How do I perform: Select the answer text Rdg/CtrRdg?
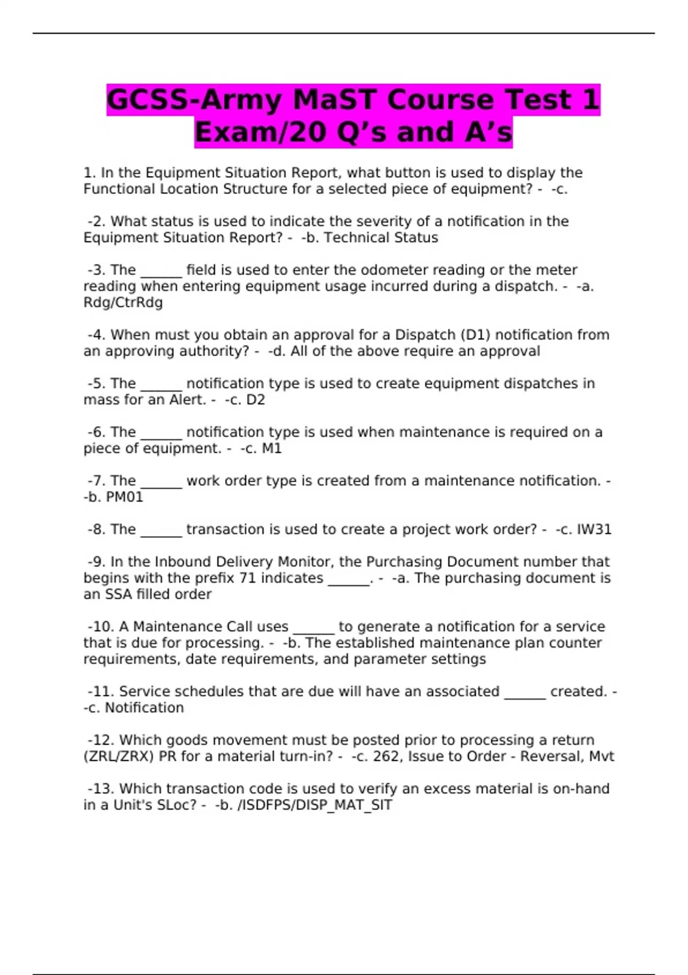click(123, 302)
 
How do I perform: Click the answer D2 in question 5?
click(255, 400)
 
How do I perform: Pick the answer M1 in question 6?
click(272, 448)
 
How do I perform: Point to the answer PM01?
click(124, 497)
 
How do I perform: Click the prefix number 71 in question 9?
click(247, 578)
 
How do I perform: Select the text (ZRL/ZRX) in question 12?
click(119, 756)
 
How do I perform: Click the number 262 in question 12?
click(386, 756)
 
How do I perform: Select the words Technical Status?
click(381, 237)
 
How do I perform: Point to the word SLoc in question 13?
click(176, 805)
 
